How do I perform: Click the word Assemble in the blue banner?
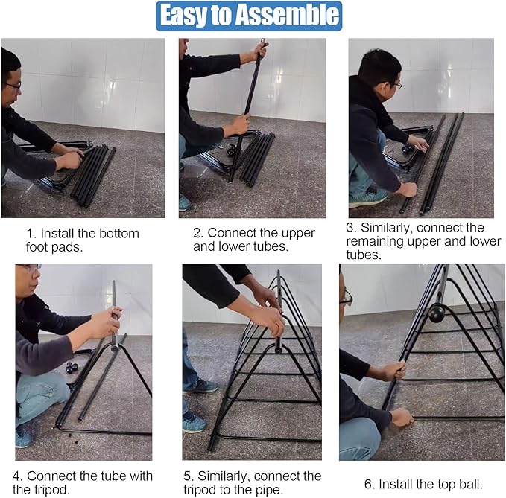286,16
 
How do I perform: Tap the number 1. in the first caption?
31,233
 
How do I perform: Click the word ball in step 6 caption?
472,484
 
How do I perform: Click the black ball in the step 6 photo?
437,313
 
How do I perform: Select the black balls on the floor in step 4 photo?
72,368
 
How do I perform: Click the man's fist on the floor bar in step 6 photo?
402,418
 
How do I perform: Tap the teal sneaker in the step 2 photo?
185,203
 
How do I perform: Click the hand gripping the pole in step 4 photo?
111,323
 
